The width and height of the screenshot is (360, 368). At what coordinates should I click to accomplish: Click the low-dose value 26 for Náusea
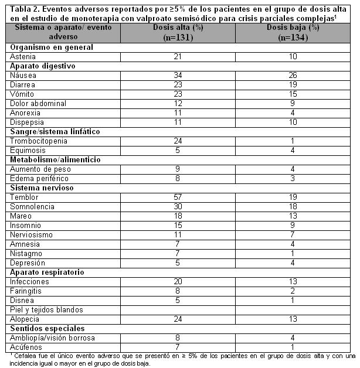[x=293, y=75]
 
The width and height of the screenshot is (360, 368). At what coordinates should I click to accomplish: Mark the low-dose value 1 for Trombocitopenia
[x=293, y=141]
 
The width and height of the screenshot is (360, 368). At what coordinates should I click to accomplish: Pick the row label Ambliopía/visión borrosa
[x=52, y=338]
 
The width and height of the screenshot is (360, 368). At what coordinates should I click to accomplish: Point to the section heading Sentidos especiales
[x=46, y=329]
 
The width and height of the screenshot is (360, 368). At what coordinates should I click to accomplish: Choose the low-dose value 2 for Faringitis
[x=293, y=291]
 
